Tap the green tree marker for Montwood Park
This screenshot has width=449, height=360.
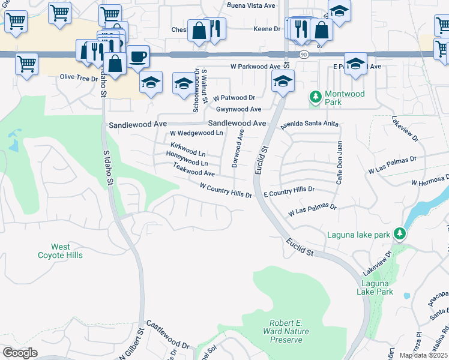(x=315, y=97)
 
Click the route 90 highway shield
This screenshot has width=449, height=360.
(x=304, y=55)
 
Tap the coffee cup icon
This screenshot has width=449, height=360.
(x=138, y=56)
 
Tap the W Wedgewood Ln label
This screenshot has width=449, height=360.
(x=196, y=133)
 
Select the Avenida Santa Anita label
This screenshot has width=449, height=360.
(x=310, y=124)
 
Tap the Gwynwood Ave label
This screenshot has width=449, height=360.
(x=238, y=109)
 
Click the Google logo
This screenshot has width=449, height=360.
(x=20, y=352)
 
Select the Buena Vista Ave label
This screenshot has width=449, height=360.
(x=251, y=5)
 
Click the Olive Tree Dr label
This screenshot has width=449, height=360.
(x=79, y=77)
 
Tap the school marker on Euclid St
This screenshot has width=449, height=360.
(x=283, y=81)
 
